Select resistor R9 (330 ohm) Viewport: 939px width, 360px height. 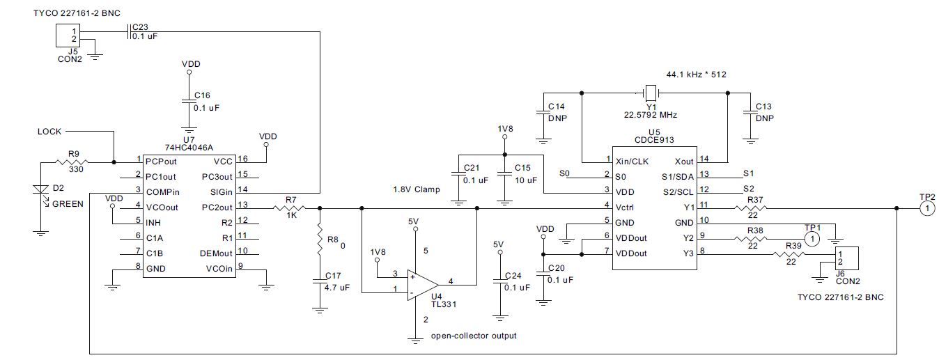[x=72, y=162]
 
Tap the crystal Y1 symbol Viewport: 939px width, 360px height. [x=651, y=93]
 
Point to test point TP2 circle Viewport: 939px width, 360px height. [x=927, y=208]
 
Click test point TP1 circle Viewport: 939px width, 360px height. [x=812, y=239]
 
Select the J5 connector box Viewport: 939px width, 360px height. [x=68, y=36]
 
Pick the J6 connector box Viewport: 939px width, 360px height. [x=847, y=258]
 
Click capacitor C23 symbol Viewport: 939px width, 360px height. [x=129, y=32]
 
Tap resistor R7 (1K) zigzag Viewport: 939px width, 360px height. [x=289, y=208]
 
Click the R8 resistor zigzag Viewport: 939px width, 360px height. [x=320, y=239]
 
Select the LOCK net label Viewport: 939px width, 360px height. [x=49, y=132]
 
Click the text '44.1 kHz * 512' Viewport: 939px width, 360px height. [x=697, y=75]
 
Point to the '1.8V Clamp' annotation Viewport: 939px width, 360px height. [x=417, y=189]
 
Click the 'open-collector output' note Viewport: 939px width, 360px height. [x=474, y=336]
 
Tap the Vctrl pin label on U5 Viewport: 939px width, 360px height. [x=625, y=208]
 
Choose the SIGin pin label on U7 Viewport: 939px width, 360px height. [x=222, y=192]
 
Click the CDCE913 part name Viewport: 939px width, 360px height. [x=654, y=140]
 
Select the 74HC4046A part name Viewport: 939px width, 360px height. [x=189, y=148]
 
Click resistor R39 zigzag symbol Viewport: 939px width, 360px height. [x=789, y=254]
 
